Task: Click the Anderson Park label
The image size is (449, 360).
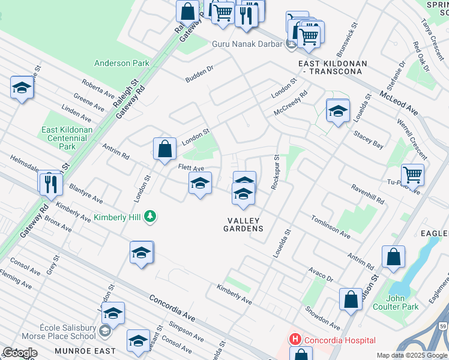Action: click(x=121, y=63)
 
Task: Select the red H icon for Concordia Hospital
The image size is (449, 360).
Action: click(x=295, y=340)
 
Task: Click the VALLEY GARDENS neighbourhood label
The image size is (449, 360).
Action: click(x=243, y=224)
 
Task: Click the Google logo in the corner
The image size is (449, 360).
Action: click(x=20, y=353)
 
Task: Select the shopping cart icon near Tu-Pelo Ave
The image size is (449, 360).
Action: click(x=412, y=175)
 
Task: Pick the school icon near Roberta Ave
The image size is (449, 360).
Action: click(x=22, y=88)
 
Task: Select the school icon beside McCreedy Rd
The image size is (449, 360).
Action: click(x=338, y=110)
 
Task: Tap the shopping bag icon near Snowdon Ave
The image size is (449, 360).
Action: click(x=351, y=299)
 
